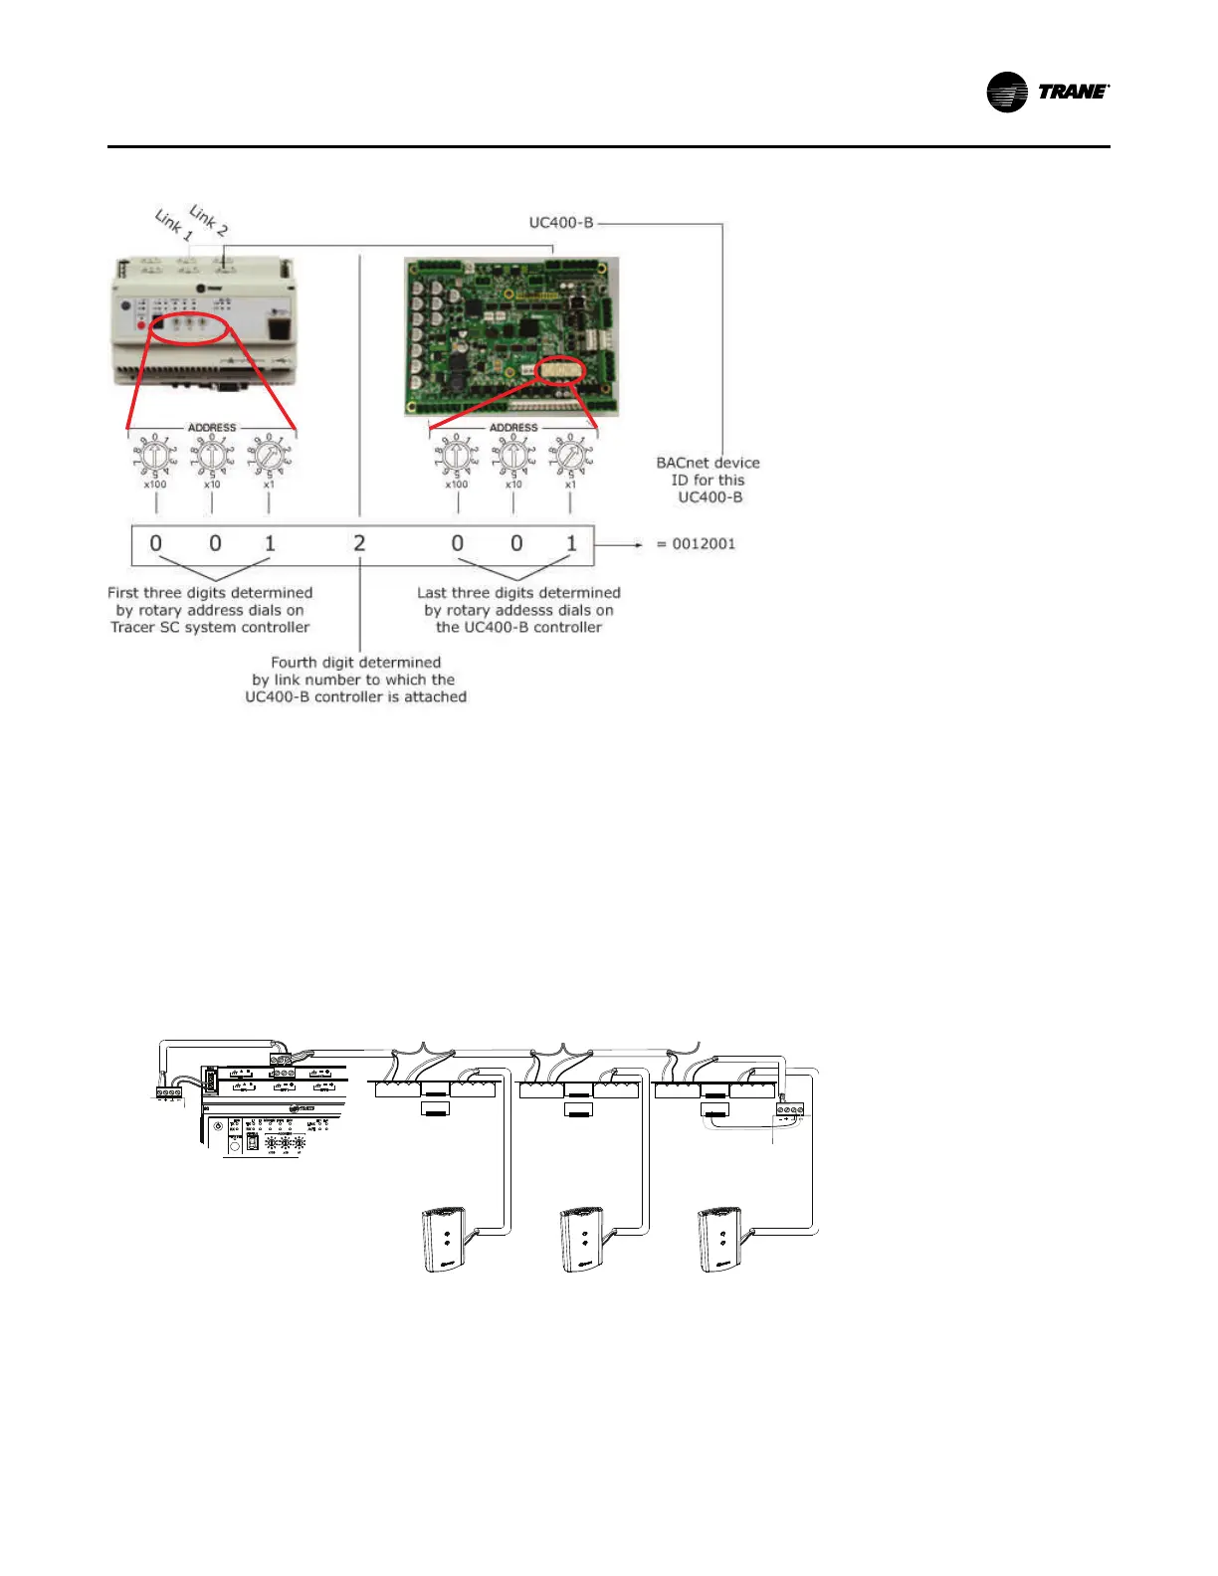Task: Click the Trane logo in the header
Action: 1047,93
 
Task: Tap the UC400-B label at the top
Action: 561,223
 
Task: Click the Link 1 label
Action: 173,225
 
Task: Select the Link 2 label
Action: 208,220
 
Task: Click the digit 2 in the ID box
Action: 359,543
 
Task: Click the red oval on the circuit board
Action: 560,372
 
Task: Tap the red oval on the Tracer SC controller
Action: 189,325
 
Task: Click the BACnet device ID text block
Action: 708,480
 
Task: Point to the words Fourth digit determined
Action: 355,663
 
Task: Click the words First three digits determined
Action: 210,593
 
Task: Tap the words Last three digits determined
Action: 518,593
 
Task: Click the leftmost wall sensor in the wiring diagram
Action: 444,1239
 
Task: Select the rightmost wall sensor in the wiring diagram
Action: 722,1239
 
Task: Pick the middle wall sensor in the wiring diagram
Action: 583,1239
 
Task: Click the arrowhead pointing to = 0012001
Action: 638,544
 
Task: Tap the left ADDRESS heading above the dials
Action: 212,428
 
